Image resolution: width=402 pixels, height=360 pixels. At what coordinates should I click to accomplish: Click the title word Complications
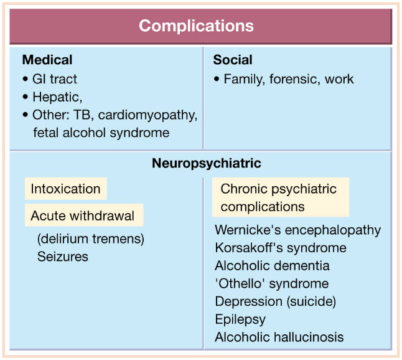pos(196,26)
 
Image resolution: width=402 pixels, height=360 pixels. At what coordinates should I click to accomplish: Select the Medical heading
pos(47,60)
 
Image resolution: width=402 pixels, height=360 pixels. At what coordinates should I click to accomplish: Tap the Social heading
pos(233,60)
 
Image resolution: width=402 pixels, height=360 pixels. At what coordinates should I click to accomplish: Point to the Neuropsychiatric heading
pos(207,163)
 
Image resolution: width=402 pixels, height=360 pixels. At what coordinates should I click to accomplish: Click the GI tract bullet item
pos(55,79)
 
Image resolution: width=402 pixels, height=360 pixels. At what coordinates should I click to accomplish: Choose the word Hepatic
pos(56,97)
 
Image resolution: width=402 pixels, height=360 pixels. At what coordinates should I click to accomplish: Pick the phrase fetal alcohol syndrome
pos(101,133)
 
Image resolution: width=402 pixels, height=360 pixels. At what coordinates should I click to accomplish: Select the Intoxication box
pos(65,189)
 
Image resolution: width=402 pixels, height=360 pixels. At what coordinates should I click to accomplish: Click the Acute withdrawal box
pos(84,215)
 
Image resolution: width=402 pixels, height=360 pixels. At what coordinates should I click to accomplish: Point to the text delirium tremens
pos(91,239)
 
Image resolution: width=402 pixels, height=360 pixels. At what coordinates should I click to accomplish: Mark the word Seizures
pos(63,257)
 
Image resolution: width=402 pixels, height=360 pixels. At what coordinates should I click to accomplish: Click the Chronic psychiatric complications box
pos(281,197)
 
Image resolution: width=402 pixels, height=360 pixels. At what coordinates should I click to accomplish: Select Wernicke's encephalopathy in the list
pos(298,230)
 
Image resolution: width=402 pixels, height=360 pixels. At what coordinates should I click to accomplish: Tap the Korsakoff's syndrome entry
pos(281,248)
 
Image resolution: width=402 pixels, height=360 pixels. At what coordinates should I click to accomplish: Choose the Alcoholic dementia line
pos(273,265)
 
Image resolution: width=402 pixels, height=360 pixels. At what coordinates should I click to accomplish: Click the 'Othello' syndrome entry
pos(272,283)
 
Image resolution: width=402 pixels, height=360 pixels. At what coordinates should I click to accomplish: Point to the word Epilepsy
pos(240,320)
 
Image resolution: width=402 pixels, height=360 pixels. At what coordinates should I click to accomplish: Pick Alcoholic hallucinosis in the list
pos(279,337)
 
